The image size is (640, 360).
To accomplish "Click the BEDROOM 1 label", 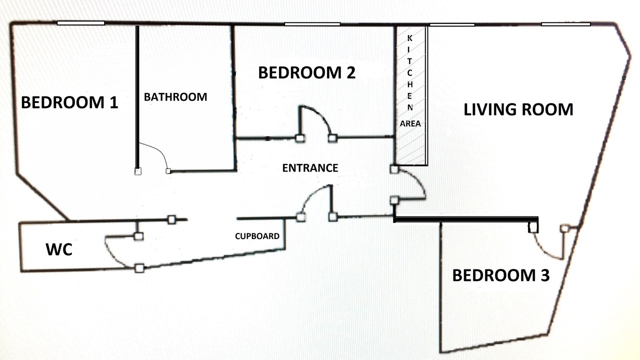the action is pyautogui.click(x=69, y=102).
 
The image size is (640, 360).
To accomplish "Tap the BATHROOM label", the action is pyautogui.click(x=175, y=97).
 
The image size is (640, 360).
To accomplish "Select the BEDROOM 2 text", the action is pyautogui.click(x=307, y=72).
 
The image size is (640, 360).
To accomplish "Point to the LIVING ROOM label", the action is pyautogui.click(x=518, y=109).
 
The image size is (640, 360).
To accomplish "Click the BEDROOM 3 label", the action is pyautogui.click(x=501, y=275).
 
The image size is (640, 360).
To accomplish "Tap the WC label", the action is pyautogui.click(x=59, y=249).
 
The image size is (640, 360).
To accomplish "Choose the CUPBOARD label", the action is pyautogui.click(x=257, y=236).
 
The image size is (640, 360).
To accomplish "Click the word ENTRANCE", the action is pyautogui.click(x=310, y=168).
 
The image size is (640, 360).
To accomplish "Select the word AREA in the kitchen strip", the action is pyautogui.click(x=410, y=123).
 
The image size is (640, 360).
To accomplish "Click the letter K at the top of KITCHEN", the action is pyautogui.click(x=409, y=38).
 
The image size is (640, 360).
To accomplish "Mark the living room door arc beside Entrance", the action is pyautogui.click(x=417, y=179).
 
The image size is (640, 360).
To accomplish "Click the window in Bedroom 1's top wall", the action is pyautogui.click(x=81, y=23).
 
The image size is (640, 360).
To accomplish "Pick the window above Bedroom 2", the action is pyautogui.click(x=312, y=24).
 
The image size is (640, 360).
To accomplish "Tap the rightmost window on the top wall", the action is pyautogui.click(x=565, y=24).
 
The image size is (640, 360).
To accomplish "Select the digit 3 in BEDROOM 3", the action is pyautogui.click(x=545, y=275).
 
